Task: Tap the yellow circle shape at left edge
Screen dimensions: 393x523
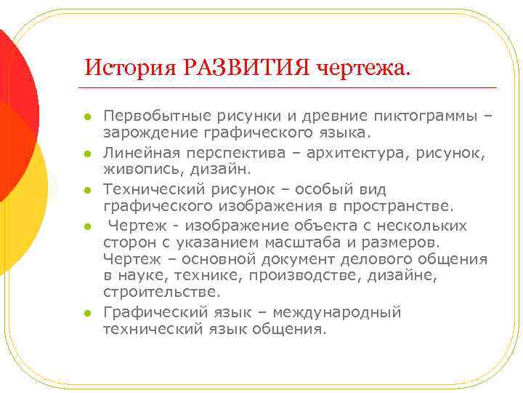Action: point(22,196)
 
